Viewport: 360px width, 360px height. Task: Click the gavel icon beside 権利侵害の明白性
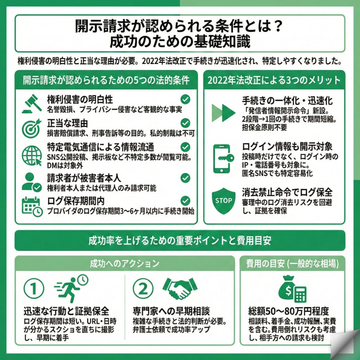pyautogui.click(x=32, y=104)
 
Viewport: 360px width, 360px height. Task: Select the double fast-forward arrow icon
pyautogui.click(x=224, y=113)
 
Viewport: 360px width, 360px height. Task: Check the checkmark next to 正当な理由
pyautogui.click(x=185, y=123)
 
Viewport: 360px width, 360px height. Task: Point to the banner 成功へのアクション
pyautogui.click(x=125, y=263)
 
